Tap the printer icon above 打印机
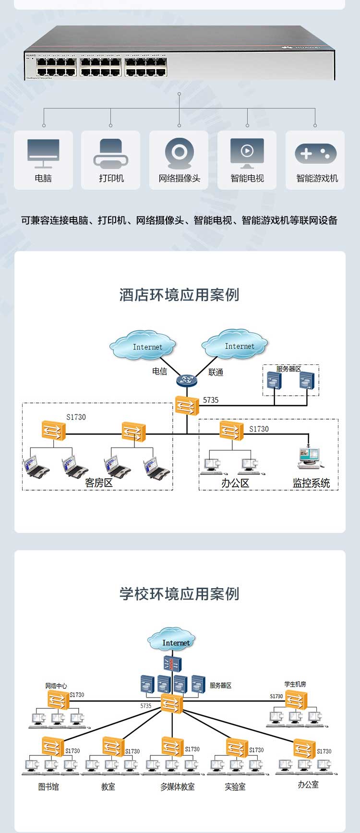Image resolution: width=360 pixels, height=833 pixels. click(111, 153)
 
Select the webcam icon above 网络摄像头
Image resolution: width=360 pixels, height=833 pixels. click(179, 153)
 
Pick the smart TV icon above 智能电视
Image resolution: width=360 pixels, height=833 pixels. click(247, 152)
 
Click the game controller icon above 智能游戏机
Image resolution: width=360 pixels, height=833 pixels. click(315, 154)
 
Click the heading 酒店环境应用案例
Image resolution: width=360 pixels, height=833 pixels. click(179, 295)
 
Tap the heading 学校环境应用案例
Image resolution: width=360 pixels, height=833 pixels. click(179, 594)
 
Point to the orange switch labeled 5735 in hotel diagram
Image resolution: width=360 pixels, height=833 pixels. click(186, 406)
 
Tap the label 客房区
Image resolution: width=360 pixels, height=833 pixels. click(99, 483)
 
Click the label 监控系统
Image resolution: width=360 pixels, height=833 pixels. click(312, 483)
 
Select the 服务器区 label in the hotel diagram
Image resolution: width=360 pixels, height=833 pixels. click(288, 369)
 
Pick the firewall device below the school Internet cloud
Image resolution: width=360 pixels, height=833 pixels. click(172, 665)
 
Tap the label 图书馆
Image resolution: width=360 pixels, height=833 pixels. click(48, 787)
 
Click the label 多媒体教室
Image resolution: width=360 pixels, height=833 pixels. click(178, 787)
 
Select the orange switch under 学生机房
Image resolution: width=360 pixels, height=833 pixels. click(296, 700)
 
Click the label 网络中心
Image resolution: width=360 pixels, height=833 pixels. click(56, 686)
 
